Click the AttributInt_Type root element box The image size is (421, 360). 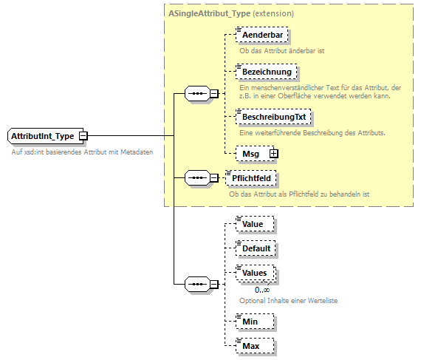(x=43, y=136)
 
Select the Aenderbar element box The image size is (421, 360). (x=261, y=35)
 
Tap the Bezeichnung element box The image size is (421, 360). (x=266, y=72)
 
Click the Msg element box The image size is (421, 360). (x=251, y=153)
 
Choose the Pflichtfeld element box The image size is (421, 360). (x=253, y=177)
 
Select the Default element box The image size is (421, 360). (x=256, y=248)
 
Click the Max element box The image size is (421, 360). (x=251, y=345)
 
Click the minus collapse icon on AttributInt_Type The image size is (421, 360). (x=83, y=136)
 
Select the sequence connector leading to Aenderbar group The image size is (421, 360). (x=196, y=94)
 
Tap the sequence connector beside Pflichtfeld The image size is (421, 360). (x=196, y=177)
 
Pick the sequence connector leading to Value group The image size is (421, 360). (x=196, y=284)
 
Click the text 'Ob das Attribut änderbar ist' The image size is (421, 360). (x=282, y=51)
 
